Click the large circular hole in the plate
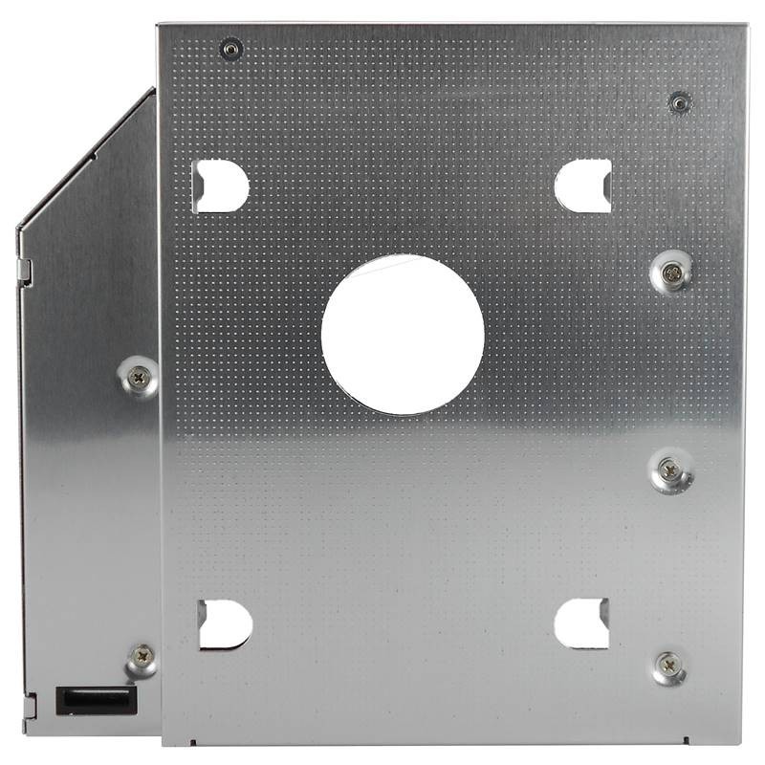coord(403,334)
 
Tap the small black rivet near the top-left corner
coord(230,48)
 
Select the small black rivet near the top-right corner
coord(679,101)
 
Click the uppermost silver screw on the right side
coord(672,273)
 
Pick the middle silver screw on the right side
coord(669,470)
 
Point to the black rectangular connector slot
coord(97,700)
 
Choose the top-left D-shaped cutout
coord(220,186)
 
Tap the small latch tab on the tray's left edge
coord(26,273)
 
